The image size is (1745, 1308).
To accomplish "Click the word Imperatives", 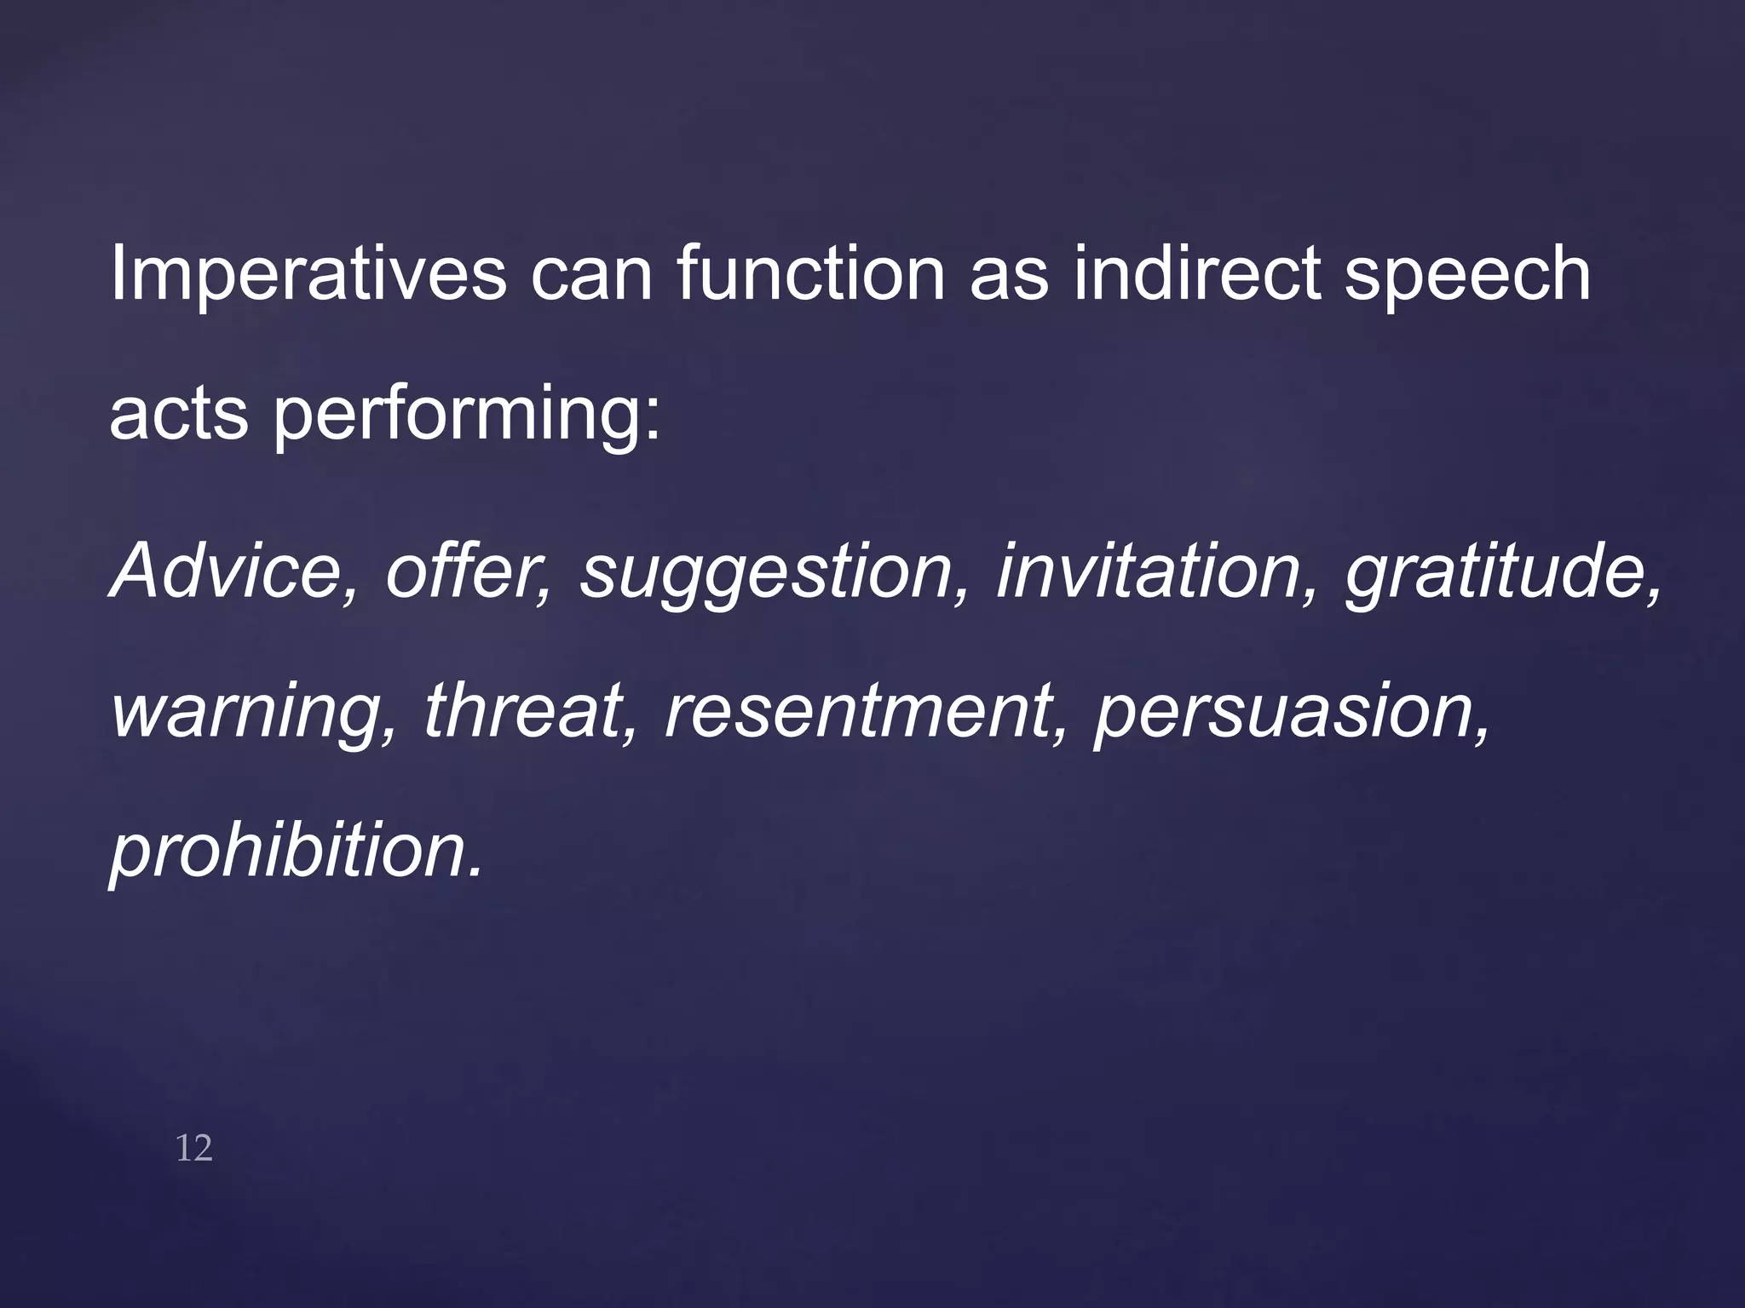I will click(308, 274).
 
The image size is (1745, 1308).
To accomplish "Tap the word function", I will click(810, 274).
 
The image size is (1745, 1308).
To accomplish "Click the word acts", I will click(178, 415).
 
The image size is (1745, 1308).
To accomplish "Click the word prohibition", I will click(290, 852).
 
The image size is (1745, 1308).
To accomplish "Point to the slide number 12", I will click(193, 1149).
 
